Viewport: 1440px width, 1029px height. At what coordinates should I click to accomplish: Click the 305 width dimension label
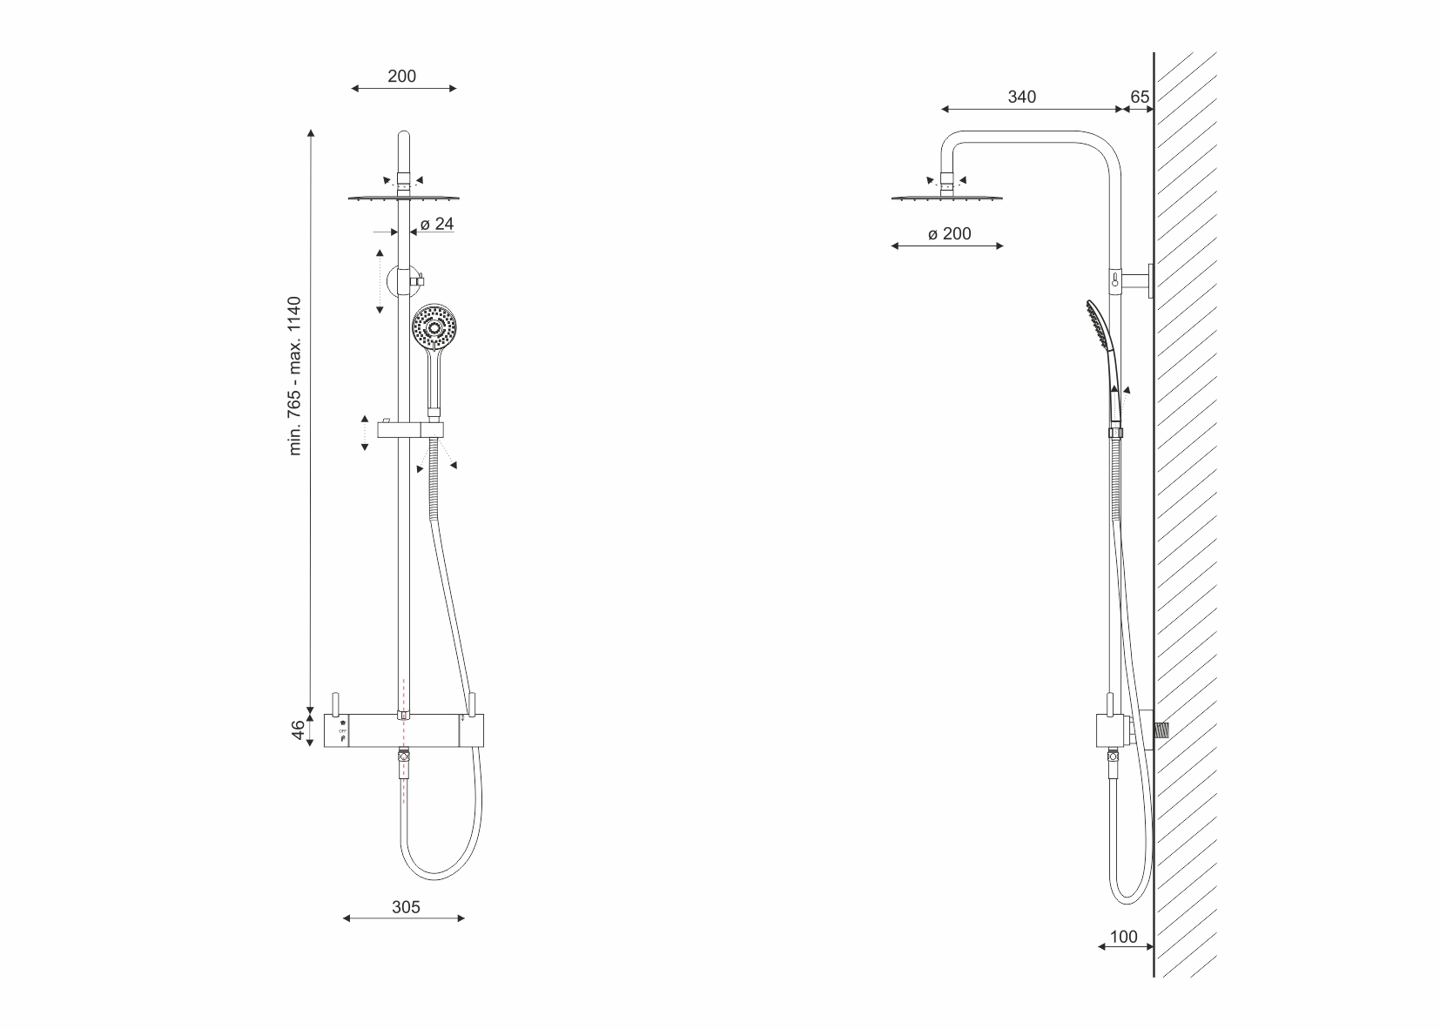point(406,907)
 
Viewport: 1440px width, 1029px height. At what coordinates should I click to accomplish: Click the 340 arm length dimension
point(1021,97)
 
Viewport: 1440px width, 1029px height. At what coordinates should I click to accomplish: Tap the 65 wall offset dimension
point(1139,97)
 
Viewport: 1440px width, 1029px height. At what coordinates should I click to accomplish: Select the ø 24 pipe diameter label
point(437,224)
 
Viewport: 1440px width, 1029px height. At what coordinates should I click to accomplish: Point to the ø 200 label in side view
point(950,234)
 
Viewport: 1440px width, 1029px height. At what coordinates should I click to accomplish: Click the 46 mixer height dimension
point(298,730)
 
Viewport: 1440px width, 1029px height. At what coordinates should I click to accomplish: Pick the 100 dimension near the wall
point(1123,937)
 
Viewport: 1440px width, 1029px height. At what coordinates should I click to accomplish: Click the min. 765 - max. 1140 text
point(294,376)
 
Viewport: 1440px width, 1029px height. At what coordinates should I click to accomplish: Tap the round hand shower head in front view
point(434,328)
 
